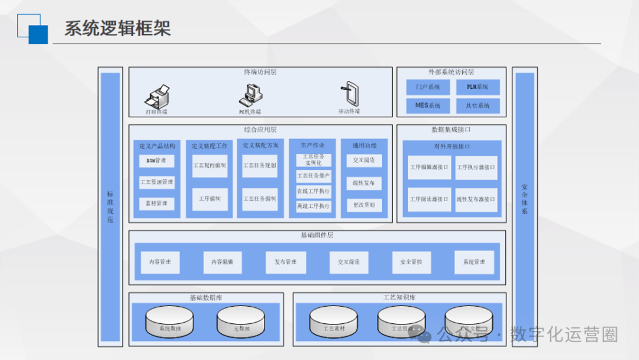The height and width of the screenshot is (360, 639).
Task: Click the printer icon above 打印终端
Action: [158, 96]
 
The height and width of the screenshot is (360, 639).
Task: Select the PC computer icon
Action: [250, 95]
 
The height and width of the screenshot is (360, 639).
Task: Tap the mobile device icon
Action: [349, 94]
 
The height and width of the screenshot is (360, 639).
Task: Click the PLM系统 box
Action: [478, 88]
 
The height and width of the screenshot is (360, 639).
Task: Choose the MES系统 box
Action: [428, 106]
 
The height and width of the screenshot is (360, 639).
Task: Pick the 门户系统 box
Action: [428, 88]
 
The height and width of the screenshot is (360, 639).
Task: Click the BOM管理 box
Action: [157, 160]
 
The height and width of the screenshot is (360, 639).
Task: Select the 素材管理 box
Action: [157, 204]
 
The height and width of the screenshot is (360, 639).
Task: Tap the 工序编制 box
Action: [209, 199]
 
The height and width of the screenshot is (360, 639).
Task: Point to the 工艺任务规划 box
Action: [260, 166]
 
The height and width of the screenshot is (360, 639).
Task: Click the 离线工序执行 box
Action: [314, 206]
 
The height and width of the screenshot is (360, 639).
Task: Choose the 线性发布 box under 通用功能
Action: [364, 183]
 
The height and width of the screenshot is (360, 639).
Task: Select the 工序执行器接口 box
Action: [476, 168]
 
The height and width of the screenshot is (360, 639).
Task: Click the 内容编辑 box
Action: [222, 262]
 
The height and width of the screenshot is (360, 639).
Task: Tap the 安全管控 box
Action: [412, 262]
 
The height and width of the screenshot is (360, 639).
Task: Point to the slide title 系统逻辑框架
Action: [118, 28]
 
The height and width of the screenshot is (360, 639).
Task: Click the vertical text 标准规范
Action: [110, 207]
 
